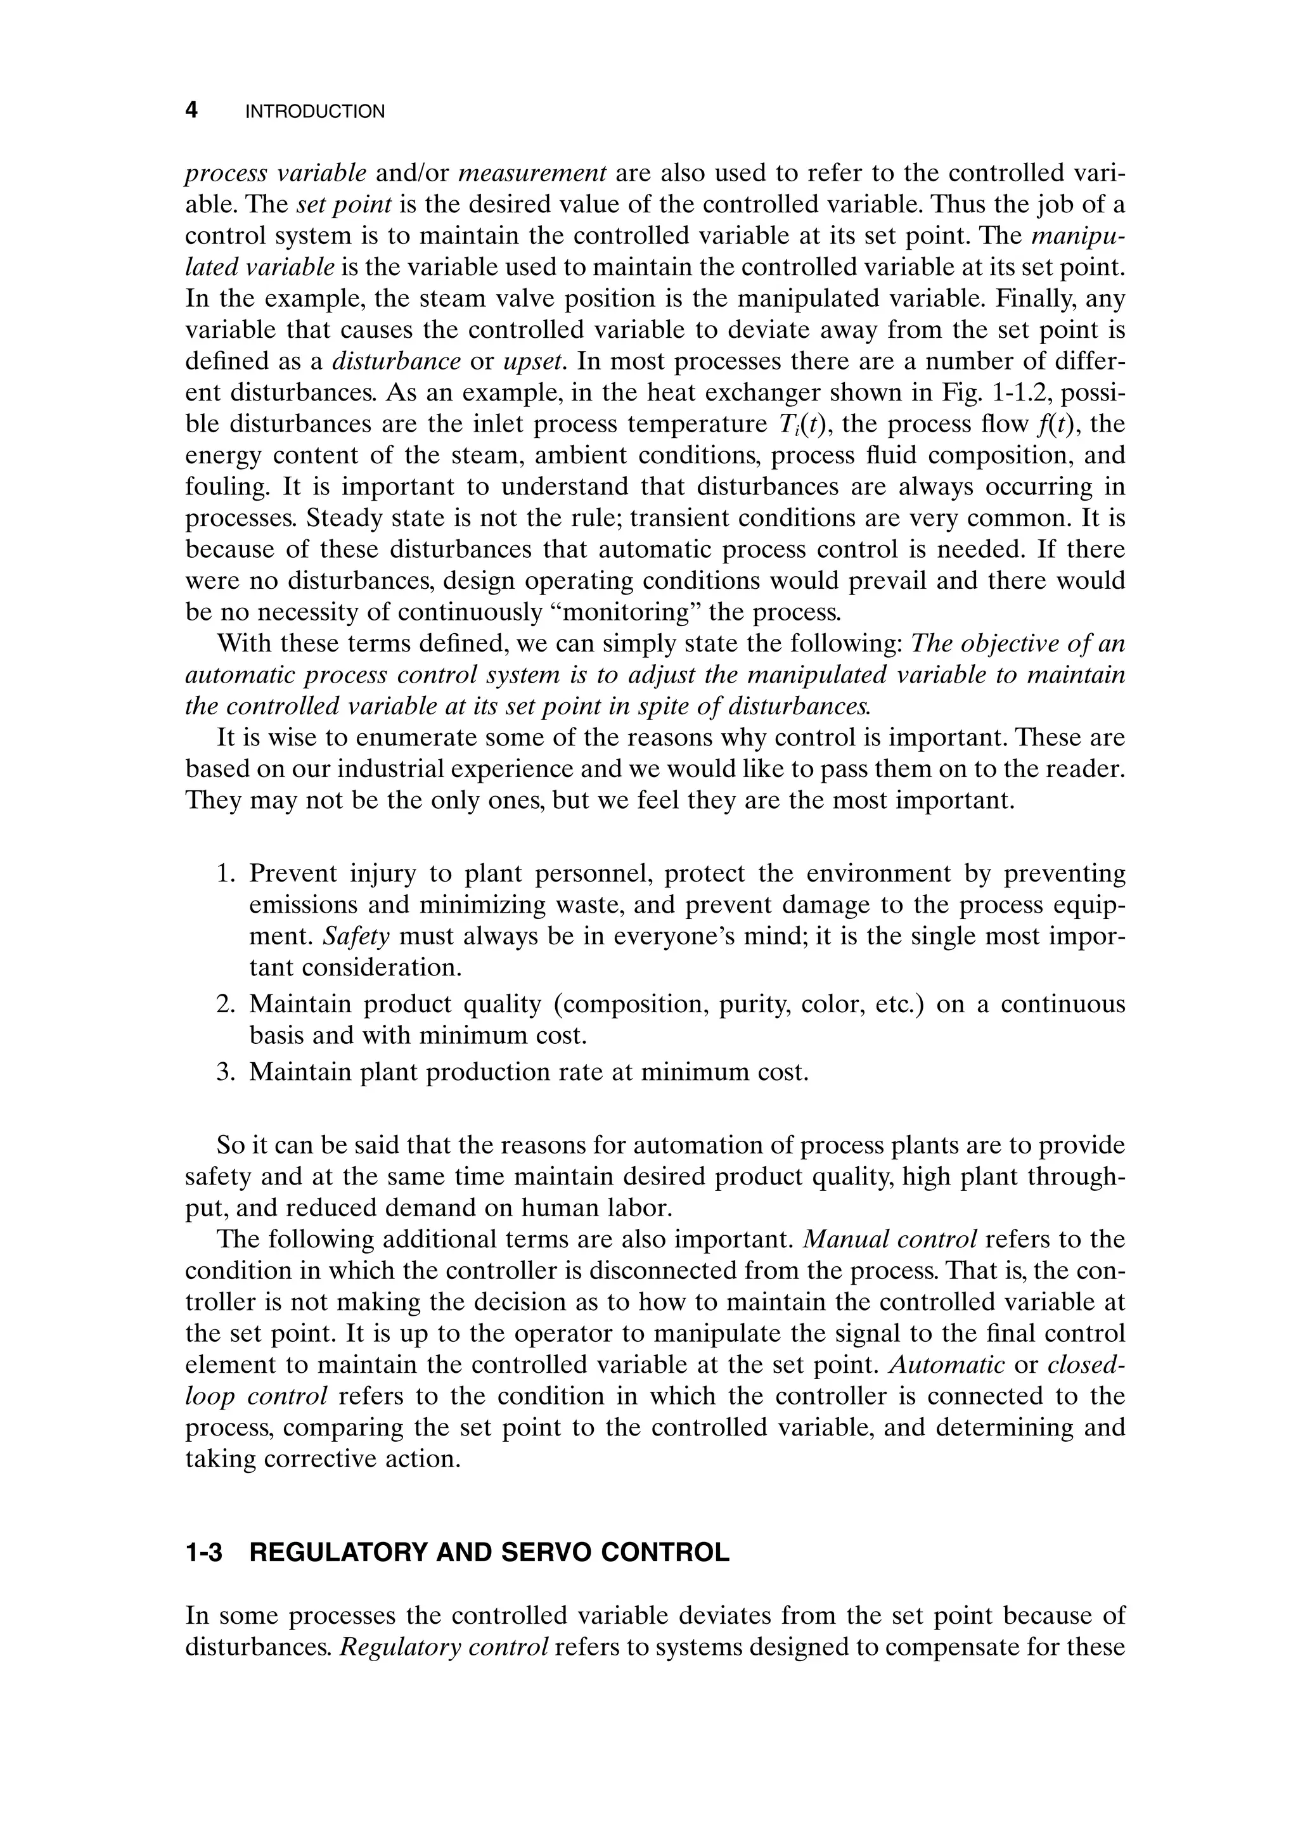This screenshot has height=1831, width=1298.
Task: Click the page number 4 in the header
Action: [x=191, y=110]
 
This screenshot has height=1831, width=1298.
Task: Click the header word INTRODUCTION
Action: [x=315, y=112]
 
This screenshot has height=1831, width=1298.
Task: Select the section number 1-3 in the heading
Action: [x=204, y=1553]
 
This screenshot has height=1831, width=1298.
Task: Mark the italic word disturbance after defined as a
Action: [x=395, y=362]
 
